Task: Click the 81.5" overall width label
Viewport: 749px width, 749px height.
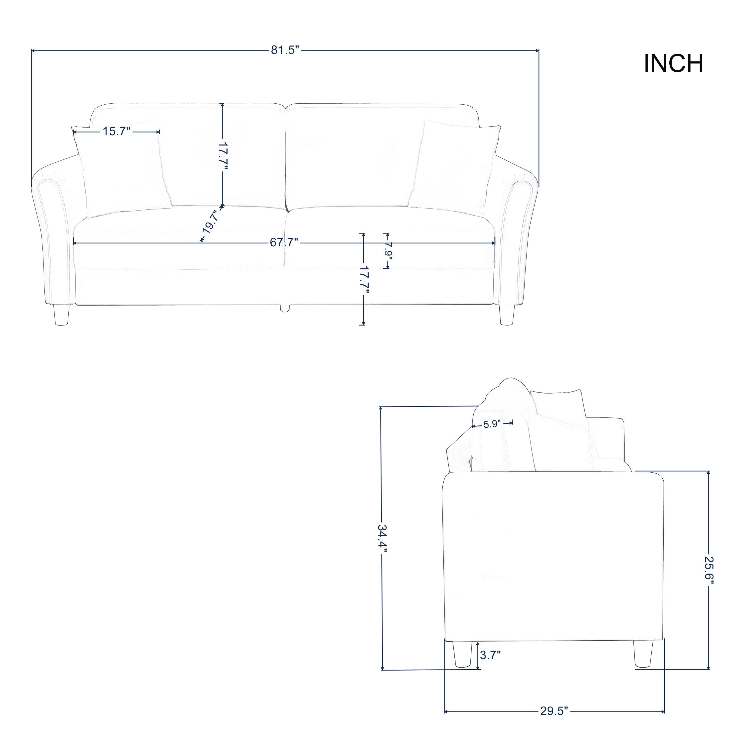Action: tap(285, 51)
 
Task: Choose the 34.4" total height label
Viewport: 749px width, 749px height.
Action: tap(383, 541)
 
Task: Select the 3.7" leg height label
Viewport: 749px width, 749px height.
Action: tap(490, 655)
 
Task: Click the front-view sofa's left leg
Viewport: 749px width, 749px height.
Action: tap(62, 314)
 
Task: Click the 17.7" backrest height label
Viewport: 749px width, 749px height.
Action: tap(222, 156)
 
